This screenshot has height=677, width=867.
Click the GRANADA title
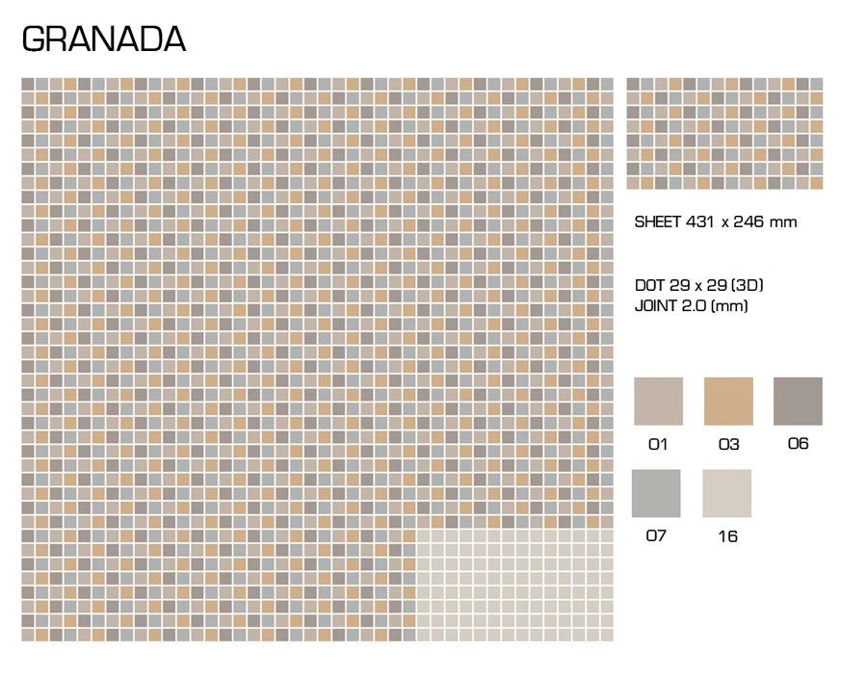[x=104, y=39]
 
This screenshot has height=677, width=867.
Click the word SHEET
[x=657, y=222]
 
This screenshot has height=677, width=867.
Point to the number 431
[x=700, y=222]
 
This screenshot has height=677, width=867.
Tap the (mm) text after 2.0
[x=729, y=306]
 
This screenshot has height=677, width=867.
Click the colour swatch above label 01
[x=658, y=402]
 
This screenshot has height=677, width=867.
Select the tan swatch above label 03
[x=728, y=402]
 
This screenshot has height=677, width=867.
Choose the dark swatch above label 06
[x=798, y=402]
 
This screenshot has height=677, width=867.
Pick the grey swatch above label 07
[x=656, y=493]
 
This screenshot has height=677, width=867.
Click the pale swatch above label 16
[x=727, y=493]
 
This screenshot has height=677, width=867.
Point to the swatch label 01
[x=658, y=444]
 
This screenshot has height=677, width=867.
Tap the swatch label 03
[x=729, y=444]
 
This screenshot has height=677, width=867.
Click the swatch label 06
[x=798, y=443]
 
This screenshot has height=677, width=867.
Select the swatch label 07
[x=656, y=535]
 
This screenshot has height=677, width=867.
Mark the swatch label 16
[x=727, y=536]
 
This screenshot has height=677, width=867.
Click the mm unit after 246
[x=783, y=223]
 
